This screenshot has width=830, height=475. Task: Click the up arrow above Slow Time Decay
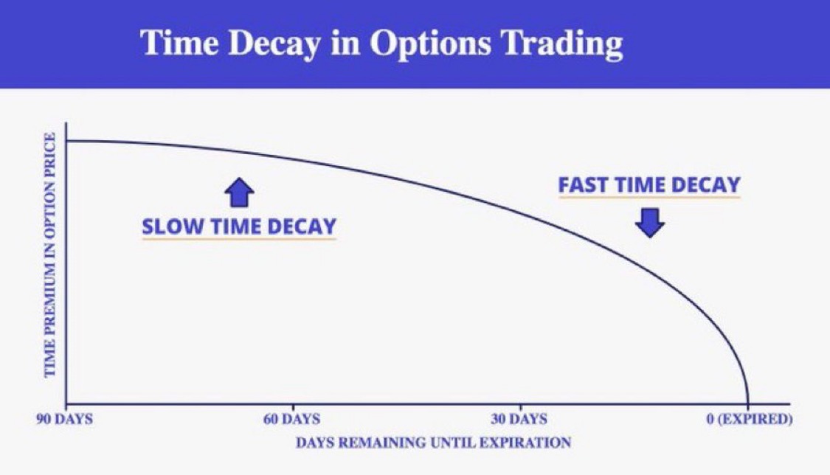coord(239,193)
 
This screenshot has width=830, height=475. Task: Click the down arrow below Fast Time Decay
coord(650,222)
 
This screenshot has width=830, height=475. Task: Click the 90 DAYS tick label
coord(66,420)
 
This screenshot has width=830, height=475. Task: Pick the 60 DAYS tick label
coord(292,420)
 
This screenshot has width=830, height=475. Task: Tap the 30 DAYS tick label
coord(519,420)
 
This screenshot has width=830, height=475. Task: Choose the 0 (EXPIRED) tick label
coord(749,420)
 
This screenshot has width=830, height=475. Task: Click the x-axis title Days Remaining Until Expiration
coord(434,443)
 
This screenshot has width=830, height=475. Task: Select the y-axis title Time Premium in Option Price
coord(50,254)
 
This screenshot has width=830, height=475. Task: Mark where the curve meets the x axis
coord(749,403)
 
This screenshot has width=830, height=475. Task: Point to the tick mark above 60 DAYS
coord(293,407)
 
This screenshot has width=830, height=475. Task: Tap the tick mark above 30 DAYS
coord(520,407)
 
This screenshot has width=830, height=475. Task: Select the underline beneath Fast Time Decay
coord(649,198)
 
